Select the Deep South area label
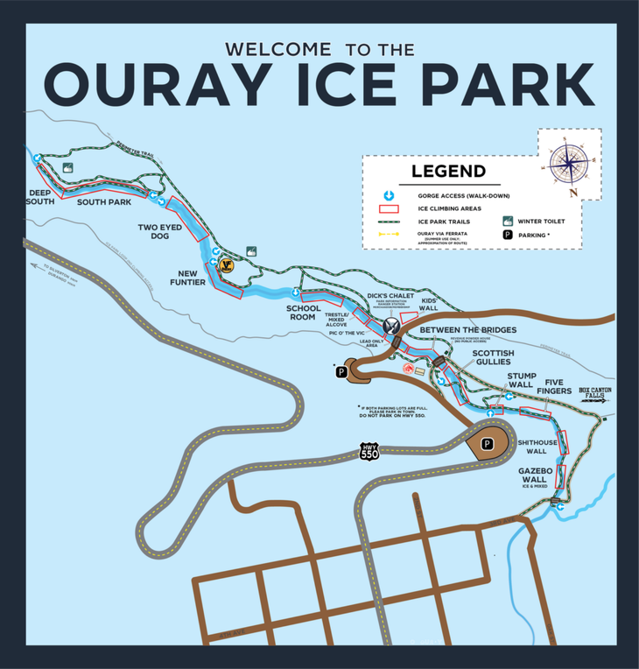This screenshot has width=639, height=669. [x=40, y=197]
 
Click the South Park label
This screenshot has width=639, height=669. [x=103, y=202]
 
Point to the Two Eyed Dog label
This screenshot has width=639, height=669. [x=158, y=232]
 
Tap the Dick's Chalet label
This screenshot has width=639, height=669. [x=390, y=296]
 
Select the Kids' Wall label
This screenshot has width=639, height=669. [x=429, y=304]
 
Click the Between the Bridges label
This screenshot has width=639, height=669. [x=467, y=330]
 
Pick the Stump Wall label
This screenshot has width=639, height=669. [x=521, y=380]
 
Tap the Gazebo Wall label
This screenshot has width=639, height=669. [x=533, y=475]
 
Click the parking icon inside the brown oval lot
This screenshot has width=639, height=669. [x=488, y=444]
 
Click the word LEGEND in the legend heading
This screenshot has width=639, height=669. [x=448, y=172]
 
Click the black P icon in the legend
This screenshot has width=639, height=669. [x=507, y=236]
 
